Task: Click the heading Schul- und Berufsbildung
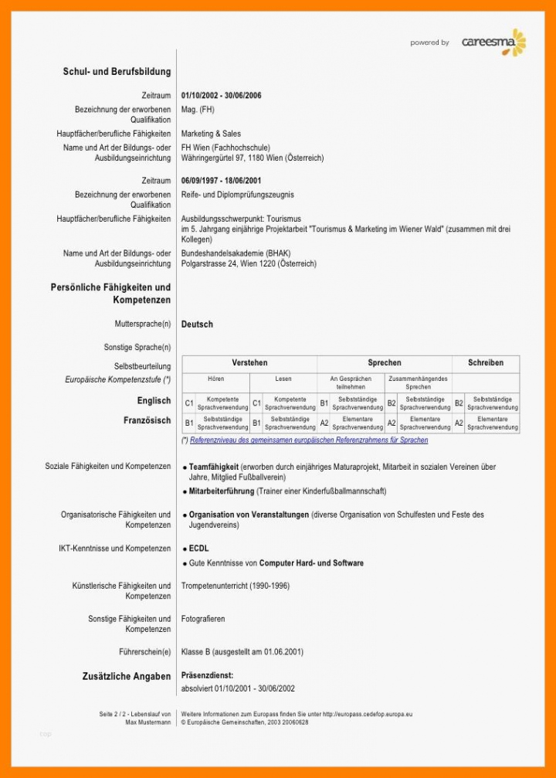point(117,72)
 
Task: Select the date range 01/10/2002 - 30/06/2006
point(221,96)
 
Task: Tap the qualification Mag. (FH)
point(198,110)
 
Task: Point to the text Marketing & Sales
point(211,134)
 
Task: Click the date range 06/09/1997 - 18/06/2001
point(221,181)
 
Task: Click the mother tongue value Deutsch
point(197,324)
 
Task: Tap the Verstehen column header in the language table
point(249,363)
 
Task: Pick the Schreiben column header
point(485,363)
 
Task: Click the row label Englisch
point(154,401)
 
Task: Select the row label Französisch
point(147,421)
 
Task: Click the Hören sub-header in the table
point(216,379)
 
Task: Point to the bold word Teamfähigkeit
point(213,467)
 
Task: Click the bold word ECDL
point(199,549)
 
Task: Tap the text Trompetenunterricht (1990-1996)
point(235,586)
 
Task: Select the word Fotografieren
point(203,619)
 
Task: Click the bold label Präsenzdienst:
point(207,675)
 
